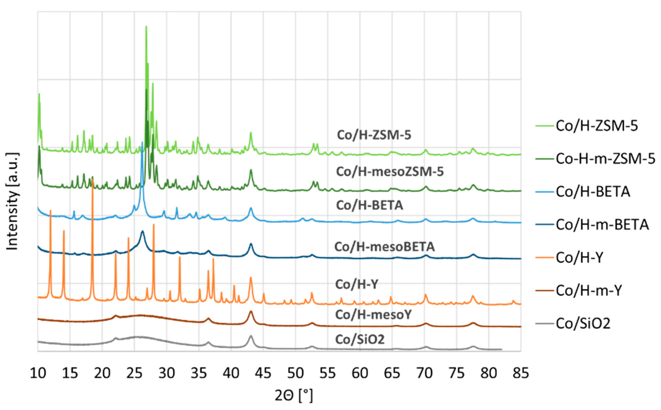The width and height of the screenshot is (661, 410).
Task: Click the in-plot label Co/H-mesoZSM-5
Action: point(390,172)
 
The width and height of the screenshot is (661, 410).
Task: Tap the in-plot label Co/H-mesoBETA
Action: point(385,247)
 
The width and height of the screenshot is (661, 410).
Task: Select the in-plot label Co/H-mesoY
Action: point(373,315)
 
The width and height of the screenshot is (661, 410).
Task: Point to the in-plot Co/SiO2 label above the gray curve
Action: point(360,339)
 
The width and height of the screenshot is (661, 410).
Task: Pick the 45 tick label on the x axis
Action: point(263,373)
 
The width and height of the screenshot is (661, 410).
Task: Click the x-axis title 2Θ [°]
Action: point(294,396)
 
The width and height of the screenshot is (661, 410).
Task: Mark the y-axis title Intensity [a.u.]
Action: point(12,201)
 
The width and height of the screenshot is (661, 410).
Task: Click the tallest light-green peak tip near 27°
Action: point(146,26)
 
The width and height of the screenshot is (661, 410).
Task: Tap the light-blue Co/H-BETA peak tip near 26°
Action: point(142,142)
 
